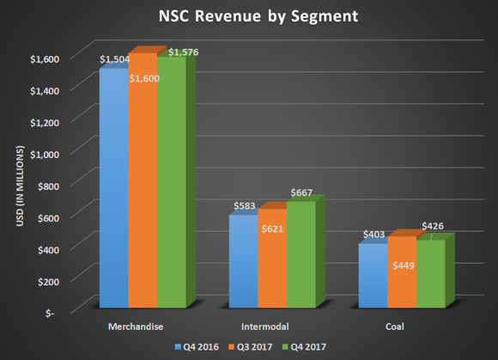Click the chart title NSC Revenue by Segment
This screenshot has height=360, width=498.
click(x=249, y=16)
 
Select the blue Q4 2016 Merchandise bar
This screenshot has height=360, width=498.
click(x=114, y=189)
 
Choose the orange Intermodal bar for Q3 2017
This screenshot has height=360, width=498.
click(x=272, y=266)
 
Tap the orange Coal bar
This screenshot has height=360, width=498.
click(x=401, y=284)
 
